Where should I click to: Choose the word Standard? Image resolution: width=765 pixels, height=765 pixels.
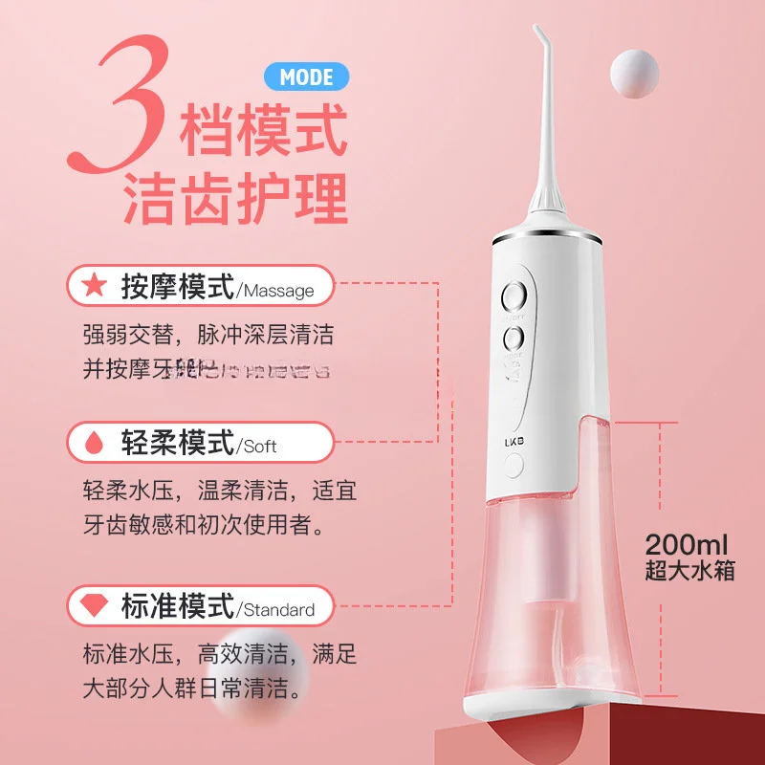point(278,609)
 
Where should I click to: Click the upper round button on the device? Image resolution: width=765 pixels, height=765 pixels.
point(514,294)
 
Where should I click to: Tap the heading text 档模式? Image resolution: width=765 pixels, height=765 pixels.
point(262,131)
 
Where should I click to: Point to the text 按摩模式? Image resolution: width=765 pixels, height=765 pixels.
point(177,285)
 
